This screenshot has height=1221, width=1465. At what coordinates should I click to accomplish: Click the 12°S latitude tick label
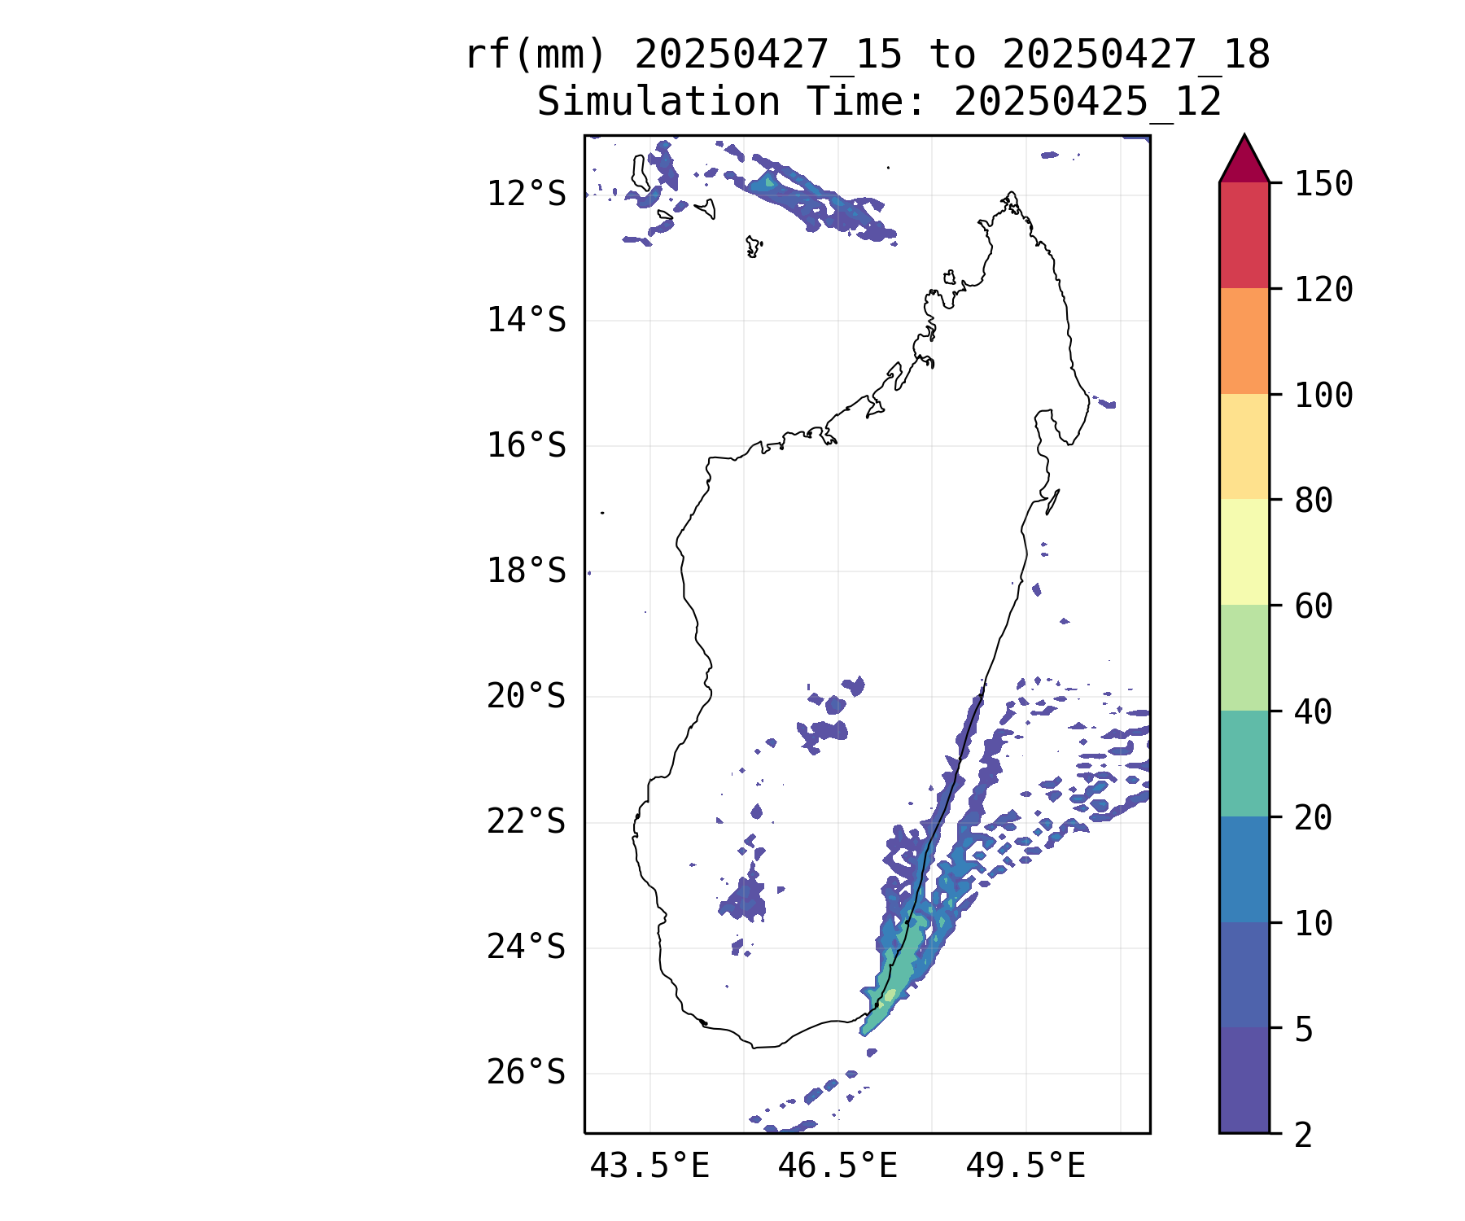[x=526, y=195]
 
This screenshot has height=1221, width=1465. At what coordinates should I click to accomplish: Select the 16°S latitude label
[x=526, y=446]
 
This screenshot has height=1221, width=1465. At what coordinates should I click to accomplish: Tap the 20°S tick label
[x=526, y=697]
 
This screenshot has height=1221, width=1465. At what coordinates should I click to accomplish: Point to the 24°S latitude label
[x=526, y=947]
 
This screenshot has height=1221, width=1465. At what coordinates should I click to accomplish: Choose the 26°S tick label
[x=526, y=1073]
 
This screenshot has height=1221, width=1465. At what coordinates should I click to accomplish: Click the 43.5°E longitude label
[x=649, y=1166]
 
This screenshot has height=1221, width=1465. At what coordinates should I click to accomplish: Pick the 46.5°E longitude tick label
[x=837, y=1166]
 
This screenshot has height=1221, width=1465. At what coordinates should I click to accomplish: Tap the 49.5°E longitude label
[x=1025, y=1166]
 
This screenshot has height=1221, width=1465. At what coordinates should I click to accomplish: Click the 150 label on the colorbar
[x=1323, y=184]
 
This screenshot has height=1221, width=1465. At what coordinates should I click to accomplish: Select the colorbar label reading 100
[x=1323, y=396]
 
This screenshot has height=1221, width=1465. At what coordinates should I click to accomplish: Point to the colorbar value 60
[x=1314, y=606]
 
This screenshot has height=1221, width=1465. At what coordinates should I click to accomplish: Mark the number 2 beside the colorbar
[x=1304, y=1135]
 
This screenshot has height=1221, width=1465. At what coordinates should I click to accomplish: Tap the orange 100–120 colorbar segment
[x=1244, y=341]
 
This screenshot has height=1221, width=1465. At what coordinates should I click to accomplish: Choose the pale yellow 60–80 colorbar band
[x=1244, y=552]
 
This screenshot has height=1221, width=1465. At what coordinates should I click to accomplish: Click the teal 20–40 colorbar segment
[x=1244, y=764]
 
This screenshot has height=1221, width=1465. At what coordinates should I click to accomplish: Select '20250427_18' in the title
[x=1136, y=55]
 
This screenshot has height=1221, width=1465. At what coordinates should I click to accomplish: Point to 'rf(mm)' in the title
[x=536, y=55]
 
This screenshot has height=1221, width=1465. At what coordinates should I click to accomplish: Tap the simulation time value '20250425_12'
[x=1087, y=103]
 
